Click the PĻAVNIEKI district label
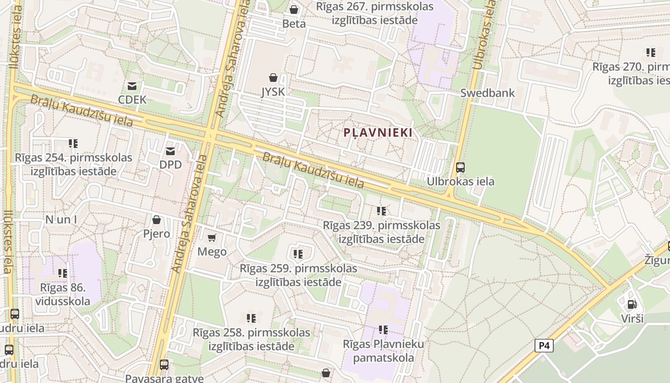click(x=378, y=133)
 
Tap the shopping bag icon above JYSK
click(x=273, y=78)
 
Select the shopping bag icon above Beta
click(x=294, y=10)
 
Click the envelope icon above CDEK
click(x=132, y=86)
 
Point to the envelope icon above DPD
click(x=170, y=151)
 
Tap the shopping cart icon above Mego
click(x=212, y=238)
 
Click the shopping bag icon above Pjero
click(x=156, y=220)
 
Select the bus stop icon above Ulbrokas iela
click(x=460, y=168)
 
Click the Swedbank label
click(x=488, y=93)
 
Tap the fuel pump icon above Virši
click(x=632, y=304)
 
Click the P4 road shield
click(x=544, y=346)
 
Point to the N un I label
click(x=61, y=220)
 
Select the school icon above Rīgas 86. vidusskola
click(x=63, y=273)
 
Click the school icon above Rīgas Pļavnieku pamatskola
click(x=383, y=329)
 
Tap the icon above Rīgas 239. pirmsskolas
click(x=381, y=211)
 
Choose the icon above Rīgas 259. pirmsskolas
click(x=298, y=254)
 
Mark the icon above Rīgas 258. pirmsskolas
click(x=251, y=318)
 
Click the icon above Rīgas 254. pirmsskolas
click(x=73, y=143)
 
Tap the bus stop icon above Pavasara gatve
click(x=164, y=365)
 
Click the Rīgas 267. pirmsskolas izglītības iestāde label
click(x=375, y=13)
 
